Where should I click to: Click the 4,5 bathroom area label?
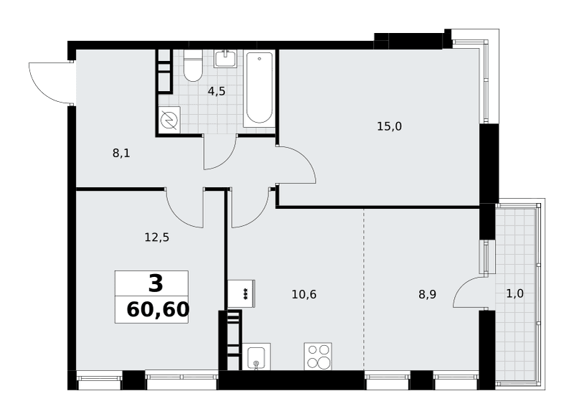click(217, 92)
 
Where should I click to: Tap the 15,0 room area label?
click(389, 126)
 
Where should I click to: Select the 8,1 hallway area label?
click(121, 154)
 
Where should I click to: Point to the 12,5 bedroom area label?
click(157, 238)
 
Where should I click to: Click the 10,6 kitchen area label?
click(304, 294)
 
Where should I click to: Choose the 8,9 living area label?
click(427, 294)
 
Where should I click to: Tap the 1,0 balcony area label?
click(514, 293)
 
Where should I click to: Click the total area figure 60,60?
click(158, 310)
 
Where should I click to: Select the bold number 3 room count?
click(156, 283)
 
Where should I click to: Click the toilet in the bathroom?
click(193, 65)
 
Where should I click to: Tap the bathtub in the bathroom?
click(259, 89)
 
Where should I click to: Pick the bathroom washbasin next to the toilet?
click(225, 59)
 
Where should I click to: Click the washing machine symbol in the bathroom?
click(169, 119)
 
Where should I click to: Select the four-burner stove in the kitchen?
click(318, 356)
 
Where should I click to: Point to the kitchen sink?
click(256, 357)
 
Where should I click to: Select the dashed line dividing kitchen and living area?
click(364, 289)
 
